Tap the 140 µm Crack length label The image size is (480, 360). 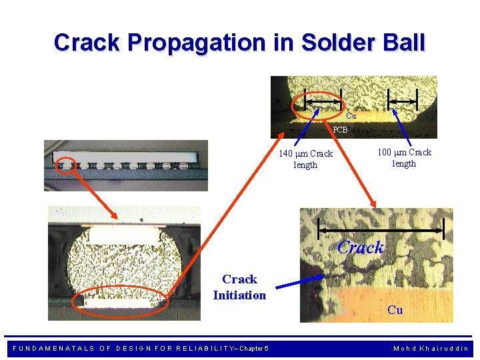point(305,159)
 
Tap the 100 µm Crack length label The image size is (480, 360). point(404,158)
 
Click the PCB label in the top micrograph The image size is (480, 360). point(340,130)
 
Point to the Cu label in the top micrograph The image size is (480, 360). point(351,116)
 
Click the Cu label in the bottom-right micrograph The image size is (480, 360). point(395,310)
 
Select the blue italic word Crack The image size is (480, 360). point(361,247)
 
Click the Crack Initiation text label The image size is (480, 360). point(239,287)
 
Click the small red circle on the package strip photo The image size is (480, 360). point(65,164)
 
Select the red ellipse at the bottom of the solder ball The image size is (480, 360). point(121,301)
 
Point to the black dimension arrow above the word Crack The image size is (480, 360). point(382,230)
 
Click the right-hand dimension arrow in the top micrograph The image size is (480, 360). point(403,101)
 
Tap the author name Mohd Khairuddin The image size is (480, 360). point(431,349)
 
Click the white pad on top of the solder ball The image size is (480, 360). point(125,234)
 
